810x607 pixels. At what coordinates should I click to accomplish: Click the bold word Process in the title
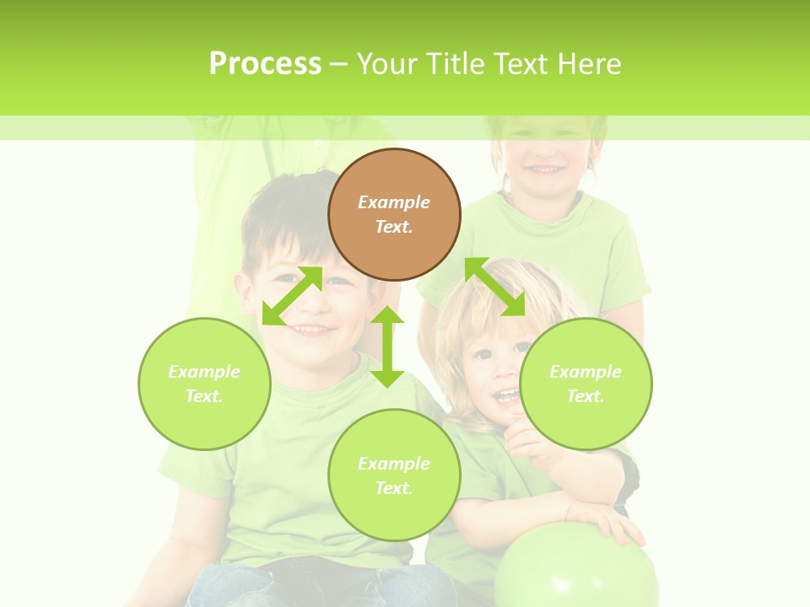(265, 64)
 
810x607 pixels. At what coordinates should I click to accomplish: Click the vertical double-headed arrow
(387, 346)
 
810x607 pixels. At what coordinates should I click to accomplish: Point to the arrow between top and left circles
(292, 295)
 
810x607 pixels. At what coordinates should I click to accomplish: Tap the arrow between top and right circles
(494, 287)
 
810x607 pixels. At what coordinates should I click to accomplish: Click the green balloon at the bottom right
(575, 570)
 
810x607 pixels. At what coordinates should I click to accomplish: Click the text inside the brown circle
(394, 214)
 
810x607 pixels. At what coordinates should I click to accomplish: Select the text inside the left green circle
(204, 384)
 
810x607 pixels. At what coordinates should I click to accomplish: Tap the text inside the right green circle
(586, 384)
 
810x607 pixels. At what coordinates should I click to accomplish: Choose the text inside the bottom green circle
(394, 475)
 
